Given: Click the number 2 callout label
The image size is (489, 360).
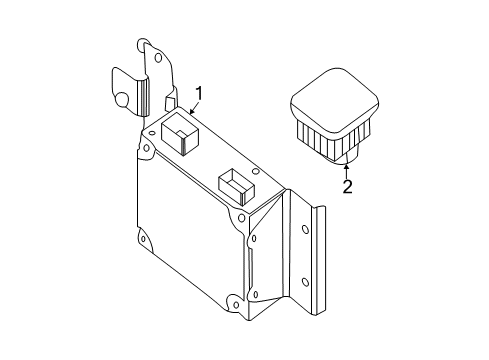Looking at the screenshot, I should click(x=347, y=186).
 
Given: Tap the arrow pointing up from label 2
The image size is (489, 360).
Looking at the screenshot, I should click(x=346, y=167).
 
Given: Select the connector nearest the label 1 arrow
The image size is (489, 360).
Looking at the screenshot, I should click(x=178, y=132).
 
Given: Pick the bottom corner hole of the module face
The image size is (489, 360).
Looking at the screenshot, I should click(x=232, y=297).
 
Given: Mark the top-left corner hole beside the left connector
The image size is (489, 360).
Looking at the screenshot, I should click(x=151, y=130).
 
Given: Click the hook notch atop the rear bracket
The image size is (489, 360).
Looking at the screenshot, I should click(x=141, y=44).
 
